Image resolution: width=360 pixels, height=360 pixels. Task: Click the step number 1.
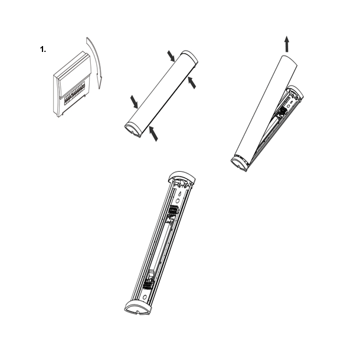click(42, 50)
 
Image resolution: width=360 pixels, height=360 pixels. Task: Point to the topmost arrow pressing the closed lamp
click(171, 55)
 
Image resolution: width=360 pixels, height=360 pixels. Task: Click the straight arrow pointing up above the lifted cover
click(286, 42)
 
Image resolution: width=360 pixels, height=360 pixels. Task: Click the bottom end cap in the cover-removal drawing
click(238, 162)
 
